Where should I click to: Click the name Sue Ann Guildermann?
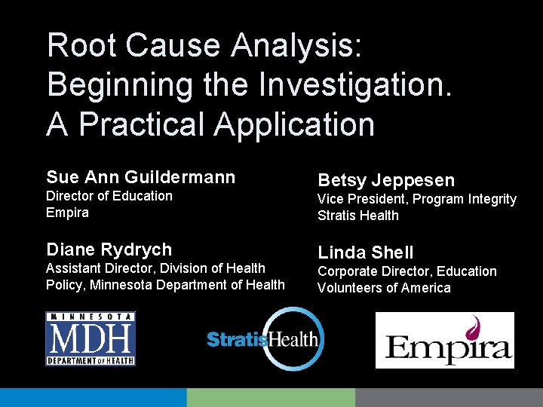coord(141,177)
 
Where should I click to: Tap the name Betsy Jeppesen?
coord(386,180)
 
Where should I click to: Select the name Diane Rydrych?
coord(109,249)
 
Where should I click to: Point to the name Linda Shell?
coord(366,252)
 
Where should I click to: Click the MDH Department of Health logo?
coord(90,338)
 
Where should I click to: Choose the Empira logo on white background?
coord(444,340)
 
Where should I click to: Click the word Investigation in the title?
coord(354,84)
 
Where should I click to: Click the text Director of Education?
coord(109,196)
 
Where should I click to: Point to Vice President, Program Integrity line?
coord(417,199)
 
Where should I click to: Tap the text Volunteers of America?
coord(384,288)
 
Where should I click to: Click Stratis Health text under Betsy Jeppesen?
coord(358,216)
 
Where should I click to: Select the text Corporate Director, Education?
coord(407,271)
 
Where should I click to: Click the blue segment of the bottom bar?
coord(93,397)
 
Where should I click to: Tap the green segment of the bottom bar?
coord(271,397)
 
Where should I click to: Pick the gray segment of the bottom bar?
coord(449,397)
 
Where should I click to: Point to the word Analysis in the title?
coord(297,45)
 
